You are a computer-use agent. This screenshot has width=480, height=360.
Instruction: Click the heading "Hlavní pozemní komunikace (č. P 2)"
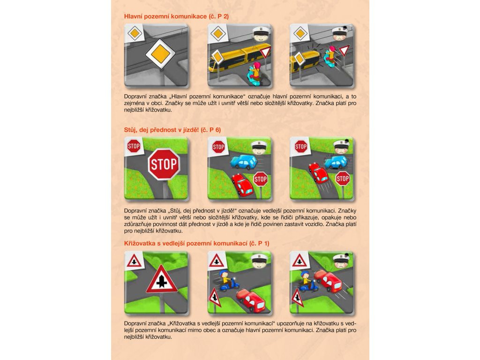click(x=176, y=16)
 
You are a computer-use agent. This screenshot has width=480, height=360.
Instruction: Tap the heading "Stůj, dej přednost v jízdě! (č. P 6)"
click(x=172, y=130)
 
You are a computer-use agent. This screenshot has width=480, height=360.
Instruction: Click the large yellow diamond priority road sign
click(x=160, y=54)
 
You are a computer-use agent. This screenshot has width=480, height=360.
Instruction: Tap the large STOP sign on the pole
click(x=164, y=165)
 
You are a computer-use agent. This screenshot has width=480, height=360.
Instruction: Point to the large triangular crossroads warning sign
click(x=162, y=279)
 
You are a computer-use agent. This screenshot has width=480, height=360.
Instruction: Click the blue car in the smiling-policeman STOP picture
click(x=244, y=162)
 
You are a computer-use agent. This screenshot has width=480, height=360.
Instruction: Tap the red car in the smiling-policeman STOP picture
click(x=242, y=185)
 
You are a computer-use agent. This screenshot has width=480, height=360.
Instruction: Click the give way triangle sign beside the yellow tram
click(x=265, y=52)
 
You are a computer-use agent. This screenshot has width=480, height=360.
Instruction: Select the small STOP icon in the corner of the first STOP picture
click(x=134, y=146)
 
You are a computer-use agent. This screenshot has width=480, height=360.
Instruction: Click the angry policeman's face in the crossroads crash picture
click(x=342, y=262)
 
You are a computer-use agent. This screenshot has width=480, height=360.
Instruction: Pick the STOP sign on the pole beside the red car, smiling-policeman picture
click(x=261, y=179)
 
